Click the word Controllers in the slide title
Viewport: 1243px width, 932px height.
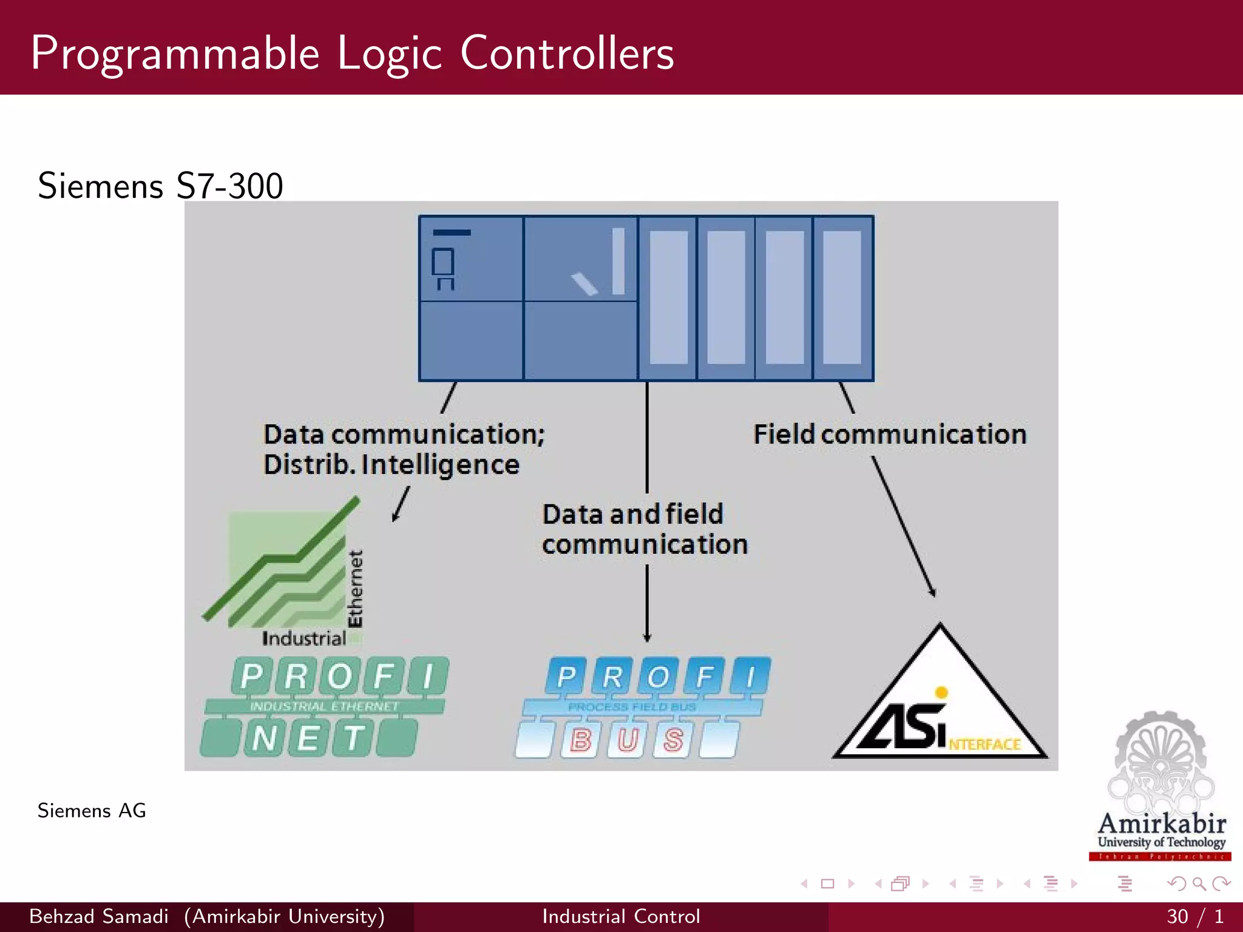[x=567, y=53]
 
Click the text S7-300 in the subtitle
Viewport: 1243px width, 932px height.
[x=229, y=186]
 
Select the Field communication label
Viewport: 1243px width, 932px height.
[x=890, y=434]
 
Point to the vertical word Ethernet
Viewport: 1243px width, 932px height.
[x=355, y=589]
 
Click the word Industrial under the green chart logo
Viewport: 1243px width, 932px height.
[x=303, y=638]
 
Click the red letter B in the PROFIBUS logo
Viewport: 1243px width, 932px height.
[x=580, y=740]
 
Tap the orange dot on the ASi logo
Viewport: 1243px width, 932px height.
[x=941, y=692]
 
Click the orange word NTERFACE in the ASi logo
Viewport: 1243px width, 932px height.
[x=984, y=745]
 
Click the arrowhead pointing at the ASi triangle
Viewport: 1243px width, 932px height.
[x=932, y=592]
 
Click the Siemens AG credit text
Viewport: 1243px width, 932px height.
[x=92, y=811]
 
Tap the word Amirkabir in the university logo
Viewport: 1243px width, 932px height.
[x=1162, y=824]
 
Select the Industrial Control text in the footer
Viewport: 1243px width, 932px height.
[x=621, y=916]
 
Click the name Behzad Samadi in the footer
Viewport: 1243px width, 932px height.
[x=99, y=916]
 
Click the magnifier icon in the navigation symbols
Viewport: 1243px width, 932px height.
[x=1199, y=883]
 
